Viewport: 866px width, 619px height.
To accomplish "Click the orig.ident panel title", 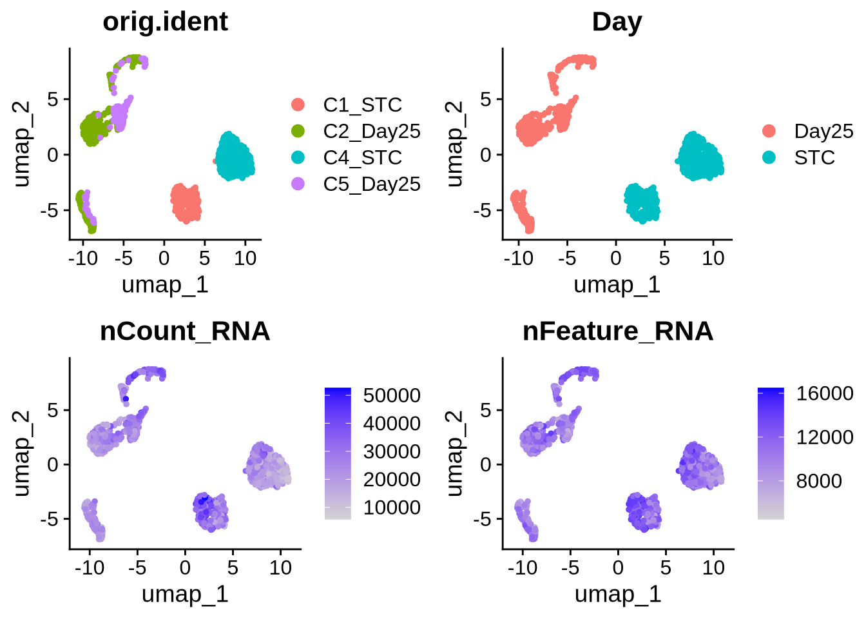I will [x=165, y=22].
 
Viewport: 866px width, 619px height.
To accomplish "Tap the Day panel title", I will [x=617, y=22].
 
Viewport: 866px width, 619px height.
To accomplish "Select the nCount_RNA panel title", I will [x=185, y=331].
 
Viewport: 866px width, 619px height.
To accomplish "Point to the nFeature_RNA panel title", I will [x=618, y=331].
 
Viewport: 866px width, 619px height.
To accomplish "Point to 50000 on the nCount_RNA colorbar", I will [x=392, y=395].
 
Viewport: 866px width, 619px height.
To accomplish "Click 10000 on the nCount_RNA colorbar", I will [x=392, y=507].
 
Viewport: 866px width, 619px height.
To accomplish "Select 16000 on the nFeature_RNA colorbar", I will [x=825, y=393].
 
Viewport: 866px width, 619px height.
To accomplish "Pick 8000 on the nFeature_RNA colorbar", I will [x=819, y=481].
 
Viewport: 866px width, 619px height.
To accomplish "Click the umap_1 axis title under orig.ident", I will [x=165, y=284].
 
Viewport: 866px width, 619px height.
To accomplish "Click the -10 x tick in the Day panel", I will [x=518, y=259].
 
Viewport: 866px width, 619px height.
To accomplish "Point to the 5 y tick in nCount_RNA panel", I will [x=53, y=410].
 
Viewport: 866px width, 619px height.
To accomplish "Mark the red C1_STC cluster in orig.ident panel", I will [x=186, y=202].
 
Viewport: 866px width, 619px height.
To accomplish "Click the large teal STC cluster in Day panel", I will [x=700, y=157].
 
